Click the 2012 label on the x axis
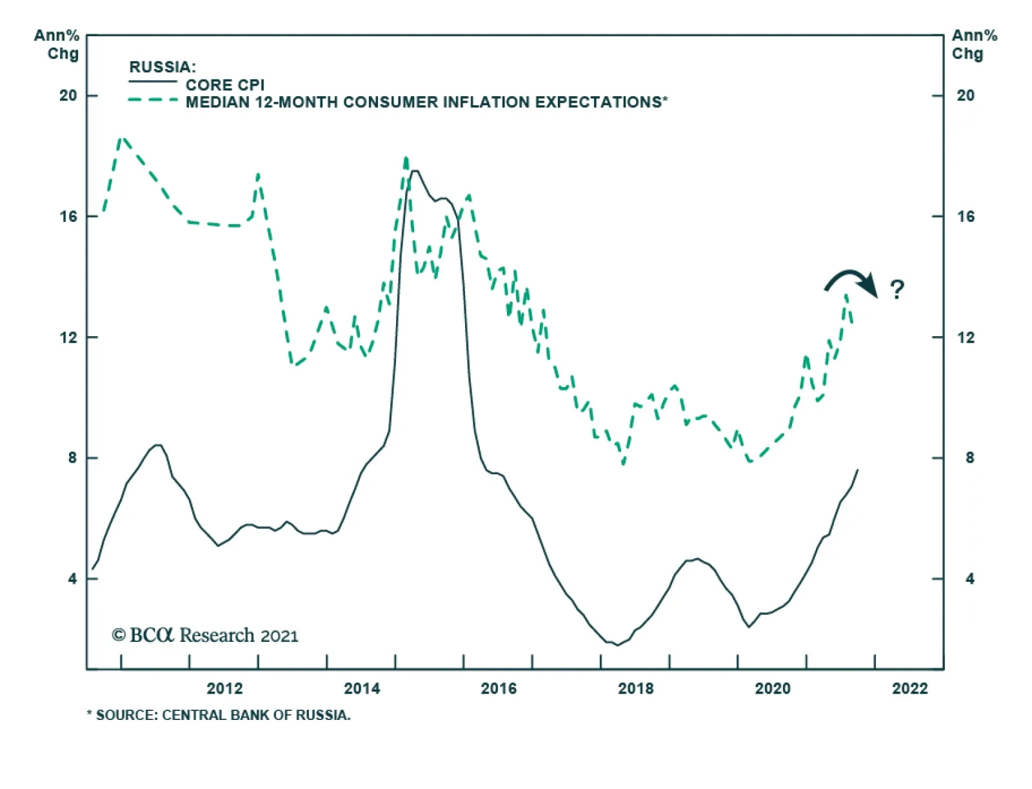tap(224, 688)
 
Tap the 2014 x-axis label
tap(362, 688)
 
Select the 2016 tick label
tap(499, 688)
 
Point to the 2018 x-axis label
tap(636, 688)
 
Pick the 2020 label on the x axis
tap(773, 688)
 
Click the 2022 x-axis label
tap(910, 688)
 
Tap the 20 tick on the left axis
tap(68, 95)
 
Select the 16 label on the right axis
tap(966, 217)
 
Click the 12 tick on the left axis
tap(68, 337)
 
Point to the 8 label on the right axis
tap(969, 458)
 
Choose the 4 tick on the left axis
tap(72, 579)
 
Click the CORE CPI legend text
tap(225, 85)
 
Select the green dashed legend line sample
tap(153, 101)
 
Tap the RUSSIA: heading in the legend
tap(163, 67)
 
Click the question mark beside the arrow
tap(897, 289)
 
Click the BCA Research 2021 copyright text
tap(205, 635)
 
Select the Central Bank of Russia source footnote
tap(219, 715)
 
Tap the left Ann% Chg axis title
tap(57, 45)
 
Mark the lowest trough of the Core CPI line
tap(617, 644)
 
